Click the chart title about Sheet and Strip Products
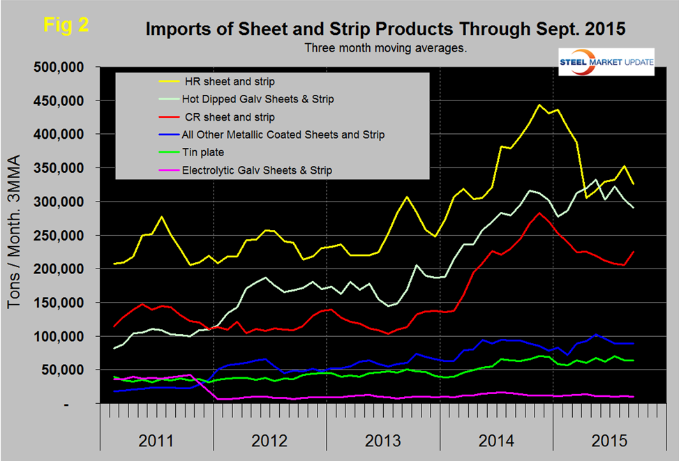coord(385,29)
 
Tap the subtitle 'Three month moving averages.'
coord(385,49)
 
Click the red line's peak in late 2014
coord(539,213)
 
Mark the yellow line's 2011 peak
coord(162,217)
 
